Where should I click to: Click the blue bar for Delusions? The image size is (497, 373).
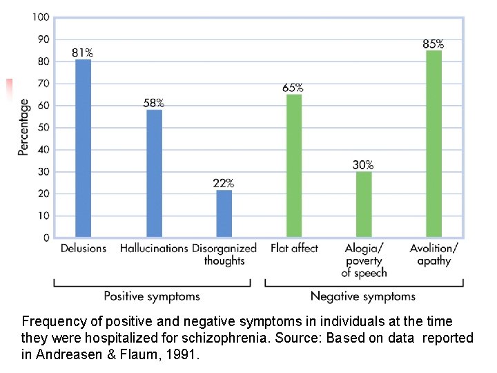click(x=83, y=148)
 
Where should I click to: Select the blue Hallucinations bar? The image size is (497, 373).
click(x=154, y=173)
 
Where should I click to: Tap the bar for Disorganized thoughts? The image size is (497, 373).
click(x=224, y=213)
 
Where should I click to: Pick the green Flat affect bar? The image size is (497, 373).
click(x=294, y=166)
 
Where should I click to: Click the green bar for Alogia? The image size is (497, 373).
click(x=364, y=204)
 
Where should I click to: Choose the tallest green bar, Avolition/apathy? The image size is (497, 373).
click(x=433, y=144)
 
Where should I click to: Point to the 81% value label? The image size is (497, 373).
click(x=83, y=52)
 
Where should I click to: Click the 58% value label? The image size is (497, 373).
click(x=153, y=103)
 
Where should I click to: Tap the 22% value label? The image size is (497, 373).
click(x=223, y=183)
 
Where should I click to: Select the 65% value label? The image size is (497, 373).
click(x=293, y=88)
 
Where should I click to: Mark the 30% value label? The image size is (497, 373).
click(x=363, y=165)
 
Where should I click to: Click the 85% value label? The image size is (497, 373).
click(x=433, y=44)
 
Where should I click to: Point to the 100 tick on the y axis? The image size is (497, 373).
click(x=41, y=17)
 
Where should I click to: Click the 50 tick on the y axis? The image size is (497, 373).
click(x=43, y=127)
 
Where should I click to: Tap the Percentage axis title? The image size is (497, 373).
click(x=23, y=126)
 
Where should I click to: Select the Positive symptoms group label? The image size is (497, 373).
click(x=151, y=296)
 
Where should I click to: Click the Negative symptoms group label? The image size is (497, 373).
click(x=363, y=296)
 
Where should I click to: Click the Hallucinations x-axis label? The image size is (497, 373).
click(x=154, y=248)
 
